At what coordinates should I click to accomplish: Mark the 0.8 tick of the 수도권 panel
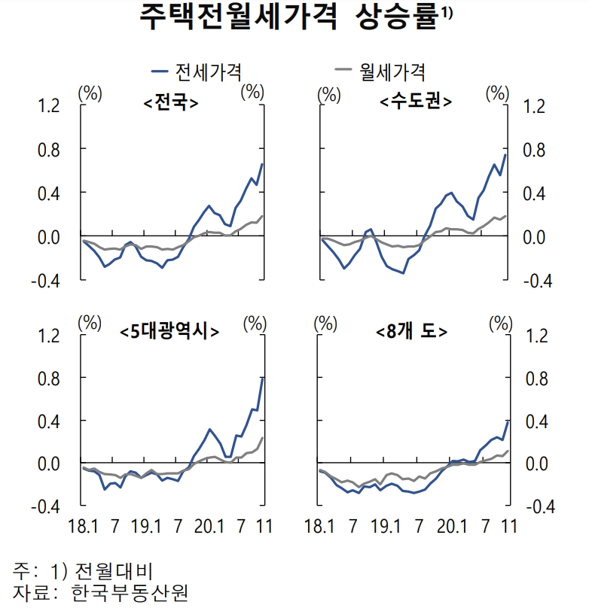click(x=534, y=150)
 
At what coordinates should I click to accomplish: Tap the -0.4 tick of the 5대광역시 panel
click(x=46, y=506)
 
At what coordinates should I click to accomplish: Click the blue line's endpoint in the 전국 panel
click(x=262, y=164)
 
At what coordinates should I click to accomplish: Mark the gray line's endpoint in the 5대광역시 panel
click(x=262, y=438)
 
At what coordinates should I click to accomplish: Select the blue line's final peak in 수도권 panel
click(x=505, y=155)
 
